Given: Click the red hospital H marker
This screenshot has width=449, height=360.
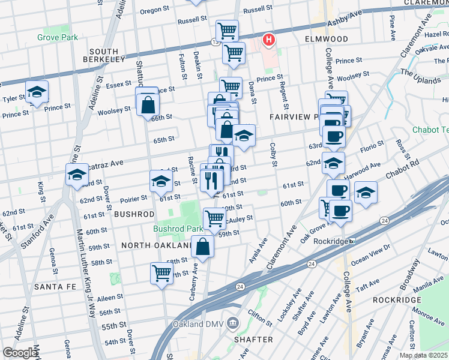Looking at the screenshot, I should coord(269,40).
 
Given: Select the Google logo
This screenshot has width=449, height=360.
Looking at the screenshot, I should coord(20,353).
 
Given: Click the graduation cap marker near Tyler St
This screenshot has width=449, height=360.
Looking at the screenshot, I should coord(37,92).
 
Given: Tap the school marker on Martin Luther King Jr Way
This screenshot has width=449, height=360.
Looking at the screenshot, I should coord(77,175).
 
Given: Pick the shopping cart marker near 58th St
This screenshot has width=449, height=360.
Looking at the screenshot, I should coord(162,273).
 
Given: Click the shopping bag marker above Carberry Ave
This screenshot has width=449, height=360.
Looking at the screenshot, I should coord(203,246).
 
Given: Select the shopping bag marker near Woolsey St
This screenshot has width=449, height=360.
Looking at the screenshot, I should coord(148,105).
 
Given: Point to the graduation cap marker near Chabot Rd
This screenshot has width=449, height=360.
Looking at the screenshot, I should coord(366,193).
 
